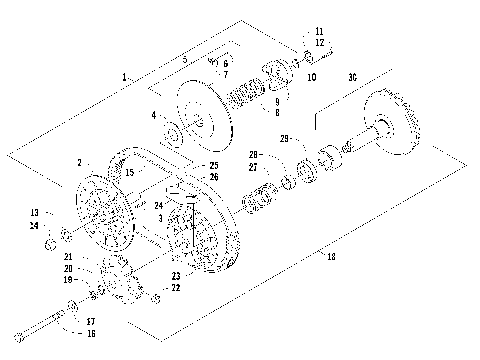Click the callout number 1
point(124,77)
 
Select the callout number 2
point(79,162)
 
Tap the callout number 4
point(154,116)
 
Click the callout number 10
point(312,77)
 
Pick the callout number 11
point(319,31)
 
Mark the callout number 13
point(34,213)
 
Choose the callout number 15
point(129,173)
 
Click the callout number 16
point(90,333)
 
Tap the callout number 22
point(176,288)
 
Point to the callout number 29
point(284,137)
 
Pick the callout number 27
point(253,167)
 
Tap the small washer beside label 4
point(171,130)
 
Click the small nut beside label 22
point(157,299)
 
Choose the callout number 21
point(69,257)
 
